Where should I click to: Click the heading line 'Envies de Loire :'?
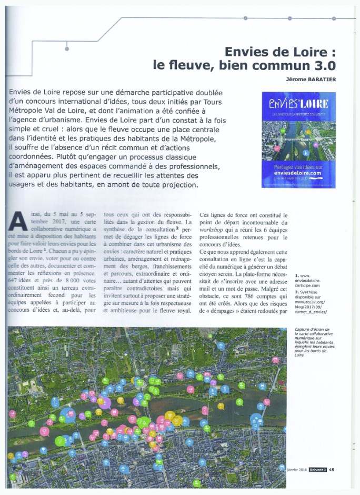(280, 52)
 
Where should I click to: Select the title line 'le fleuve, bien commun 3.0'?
(244, 66)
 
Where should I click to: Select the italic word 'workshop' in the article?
(211, 232)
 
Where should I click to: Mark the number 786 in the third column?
(238, 303)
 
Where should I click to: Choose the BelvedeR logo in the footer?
(316, 470)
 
